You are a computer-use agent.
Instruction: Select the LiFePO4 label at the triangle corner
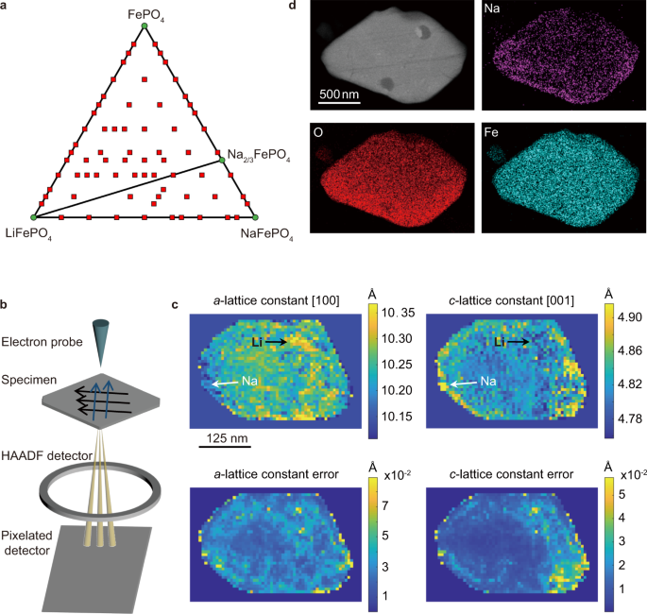point(29,231)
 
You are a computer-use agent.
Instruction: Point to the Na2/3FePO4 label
point(259,153)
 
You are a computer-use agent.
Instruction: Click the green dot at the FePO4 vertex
point(144,26)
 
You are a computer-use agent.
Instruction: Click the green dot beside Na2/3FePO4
point(223,161)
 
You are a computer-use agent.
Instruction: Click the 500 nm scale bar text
point(338,94)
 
